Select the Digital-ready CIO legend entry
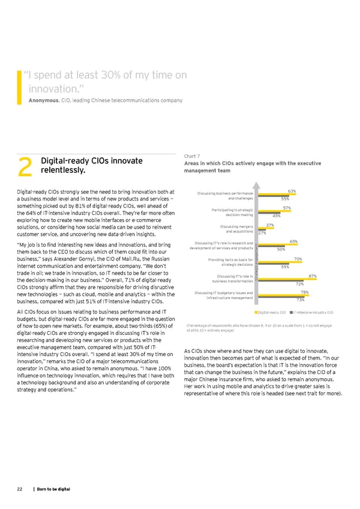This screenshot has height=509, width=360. pos(270,312)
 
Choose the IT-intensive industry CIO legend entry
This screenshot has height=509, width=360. pos(310,312)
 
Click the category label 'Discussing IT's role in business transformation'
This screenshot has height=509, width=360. pos(230,279)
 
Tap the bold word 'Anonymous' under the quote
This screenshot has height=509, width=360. pos(43,100)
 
